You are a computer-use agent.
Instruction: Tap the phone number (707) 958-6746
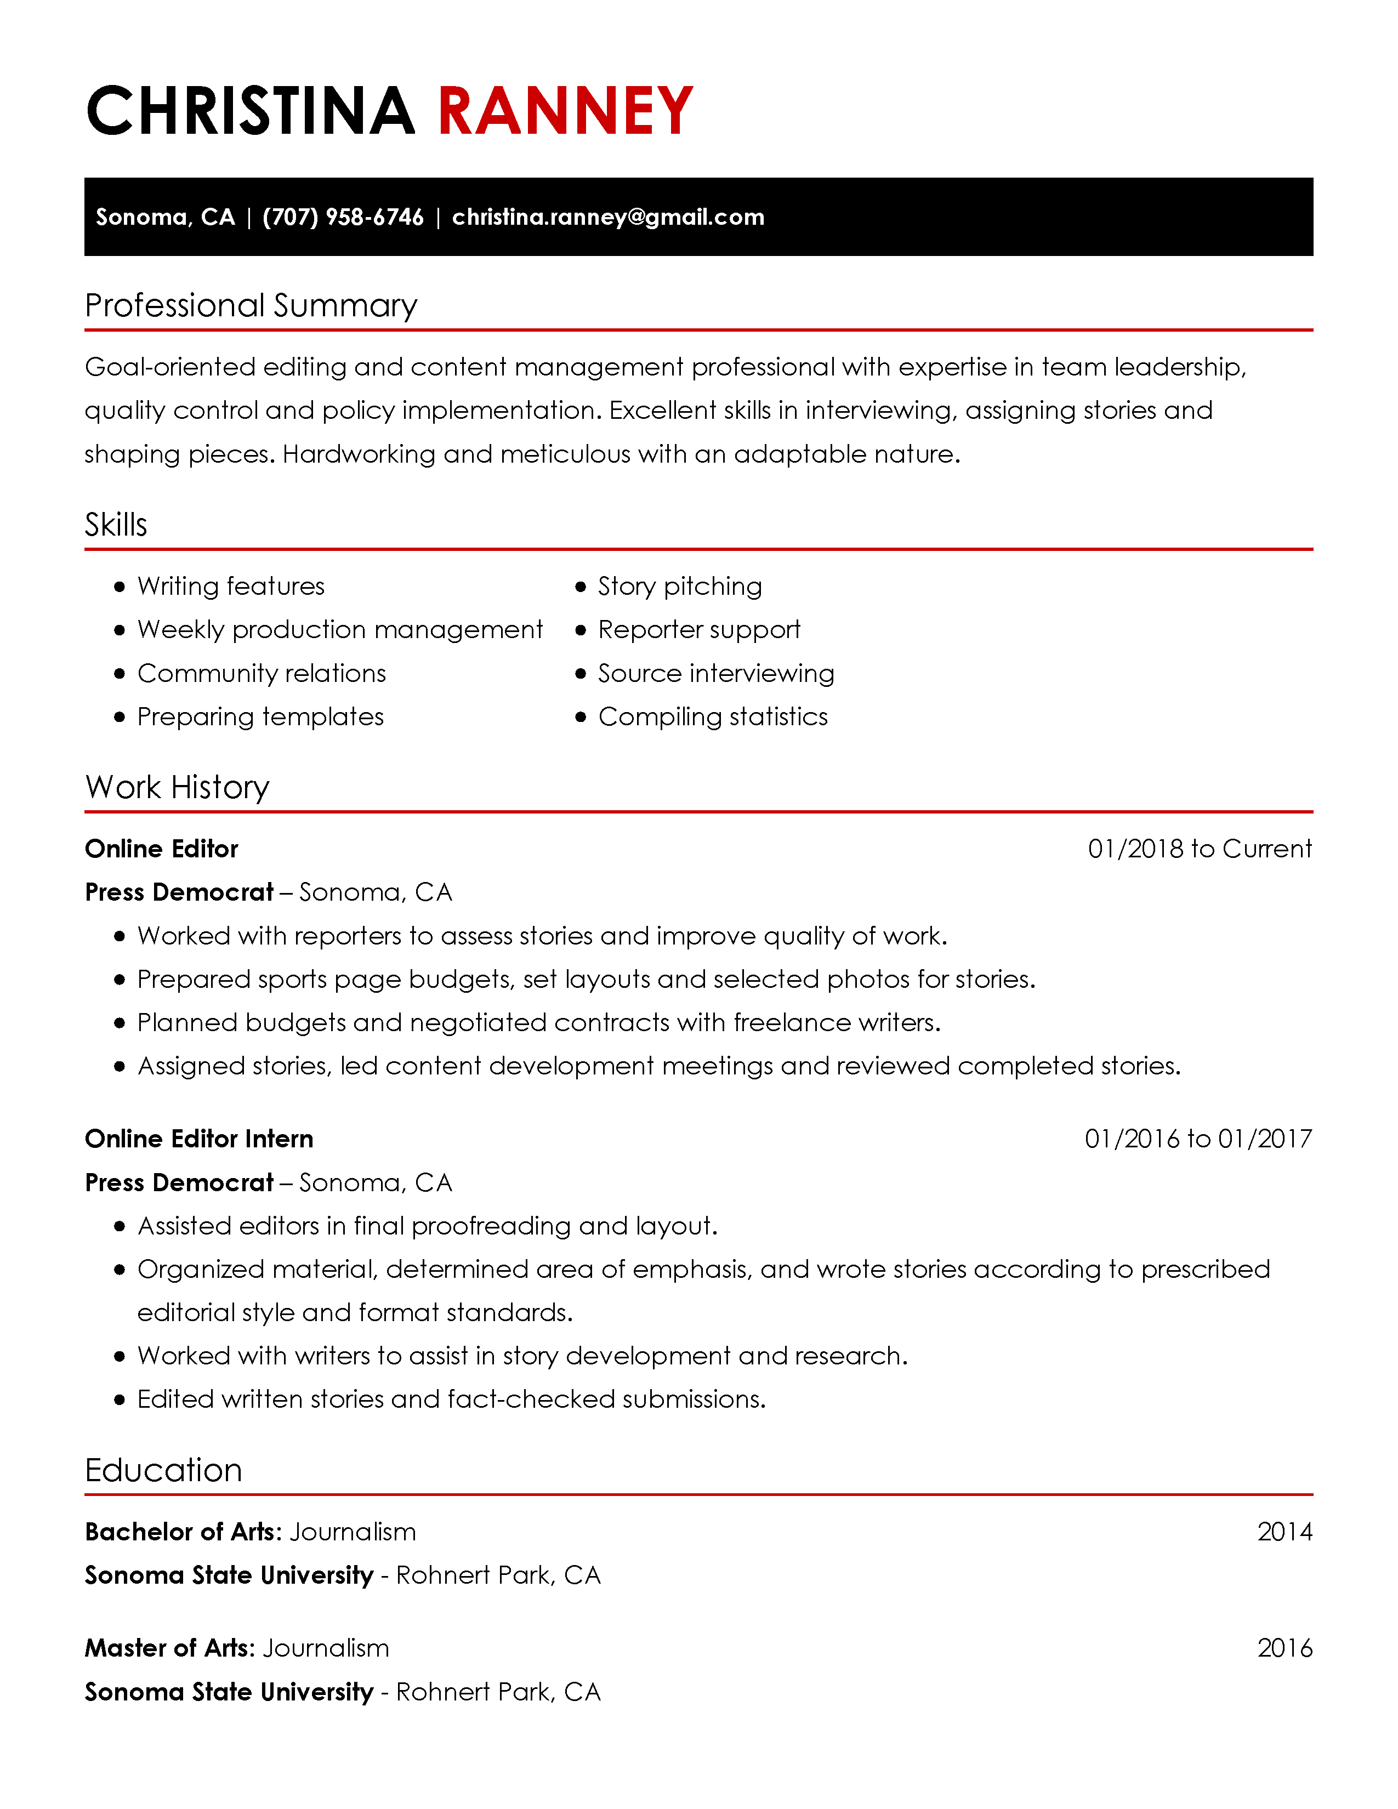[x=343, y=217]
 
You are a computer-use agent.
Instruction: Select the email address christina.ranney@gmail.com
[x=608, y=217]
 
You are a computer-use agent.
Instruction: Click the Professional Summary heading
[x=251, y=306]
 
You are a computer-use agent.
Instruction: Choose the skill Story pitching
[x=679, y=587]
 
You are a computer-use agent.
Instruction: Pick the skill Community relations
[x=262, y=673]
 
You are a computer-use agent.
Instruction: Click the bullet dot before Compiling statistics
[x=581, y=718]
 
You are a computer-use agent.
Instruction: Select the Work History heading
[x=177, y=787]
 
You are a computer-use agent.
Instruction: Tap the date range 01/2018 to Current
[x=1199, y=849]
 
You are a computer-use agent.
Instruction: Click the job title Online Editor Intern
[x=199, y=1139]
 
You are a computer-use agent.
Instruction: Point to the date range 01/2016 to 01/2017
[x=1197, y=1139]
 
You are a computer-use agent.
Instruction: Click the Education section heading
[x=163, y=1470]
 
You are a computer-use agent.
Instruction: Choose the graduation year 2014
[x=1285, y=1532]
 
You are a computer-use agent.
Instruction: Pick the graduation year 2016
[x=1285, y=1648]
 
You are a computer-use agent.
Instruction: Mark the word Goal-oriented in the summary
[x=170, y=367]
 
